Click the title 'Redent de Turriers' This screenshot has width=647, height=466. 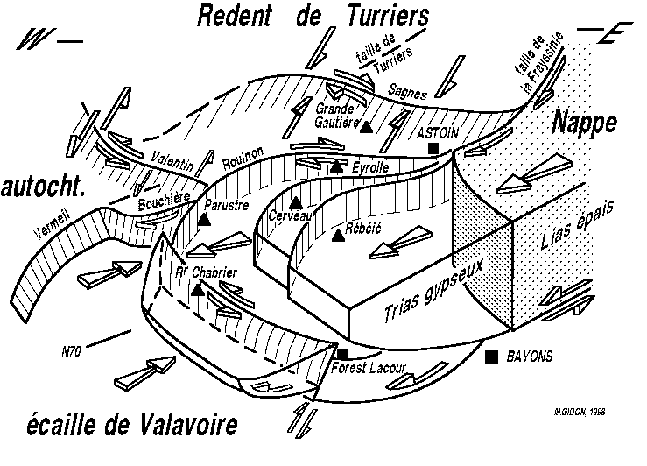tap(313, 15)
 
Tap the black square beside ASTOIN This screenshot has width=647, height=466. tap(433, 150)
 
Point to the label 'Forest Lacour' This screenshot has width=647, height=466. tap(369, 369)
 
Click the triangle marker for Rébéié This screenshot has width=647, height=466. tap(338, 235)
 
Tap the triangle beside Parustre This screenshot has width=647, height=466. tap(203, 219)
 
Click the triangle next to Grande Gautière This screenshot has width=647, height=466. tap(368, 126)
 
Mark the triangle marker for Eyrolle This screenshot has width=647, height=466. tap(337, 166)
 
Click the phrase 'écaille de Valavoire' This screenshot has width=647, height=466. tap(122, 427)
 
